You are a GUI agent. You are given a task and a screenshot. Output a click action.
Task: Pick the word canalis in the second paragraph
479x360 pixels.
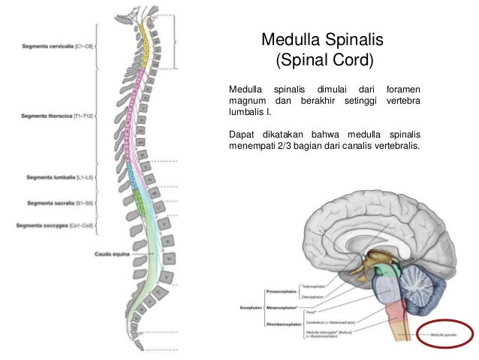362,147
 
